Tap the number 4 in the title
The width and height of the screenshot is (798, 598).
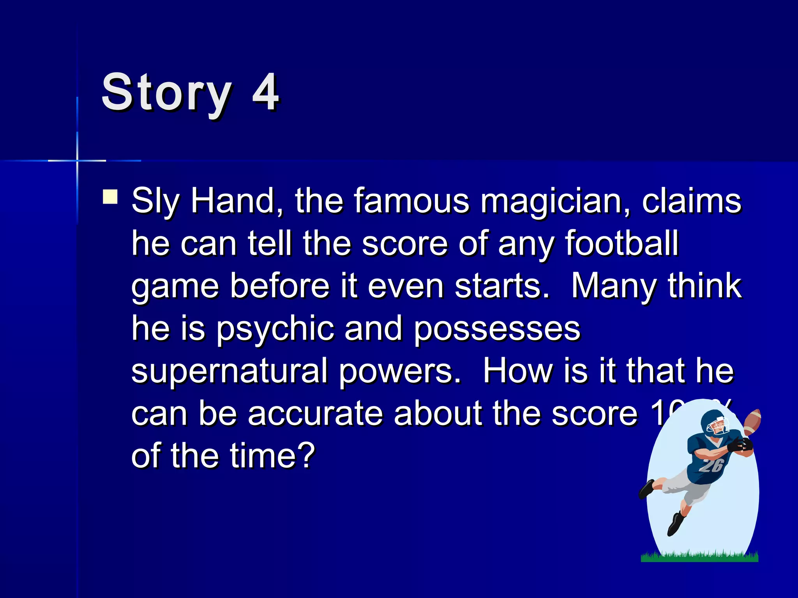click(x=265, y=93)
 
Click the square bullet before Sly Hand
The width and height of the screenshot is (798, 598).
click(x=110, y=197)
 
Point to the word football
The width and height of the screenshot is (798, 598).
click(x=622, y=243)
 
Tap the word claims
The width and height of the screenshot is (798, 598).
click(x=692, y=201)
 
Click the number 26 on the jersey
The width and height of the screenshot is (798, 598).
click(x=711, y=465)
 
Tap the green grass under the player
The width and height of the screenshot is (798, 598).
click(x=699, y=557)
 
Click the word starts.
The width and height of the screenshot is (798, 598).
click(x=502, y=286)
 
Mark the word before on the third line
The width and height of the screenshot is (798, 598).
click(x=280, y=286)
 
